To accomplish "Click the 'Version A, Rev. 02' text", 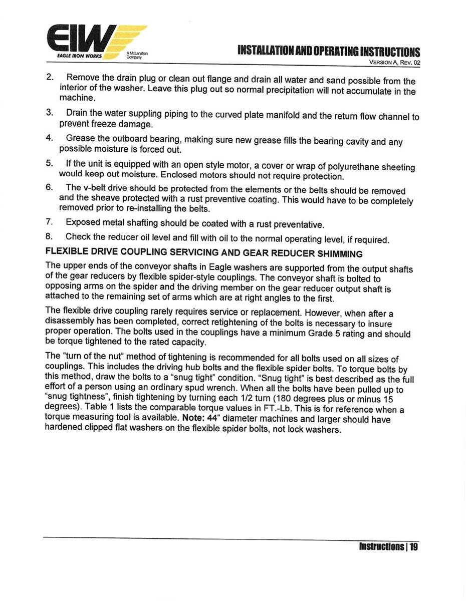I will [390, 63].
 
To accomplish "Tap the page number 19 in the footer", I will [413, 546].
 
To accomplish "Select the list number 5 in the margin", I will [49, 163].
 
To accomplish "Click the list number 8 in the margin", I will [49, 236].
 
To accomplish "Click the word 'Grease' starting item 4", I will [80, 138].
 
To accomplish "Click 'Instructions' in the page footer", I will [380, 546].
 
